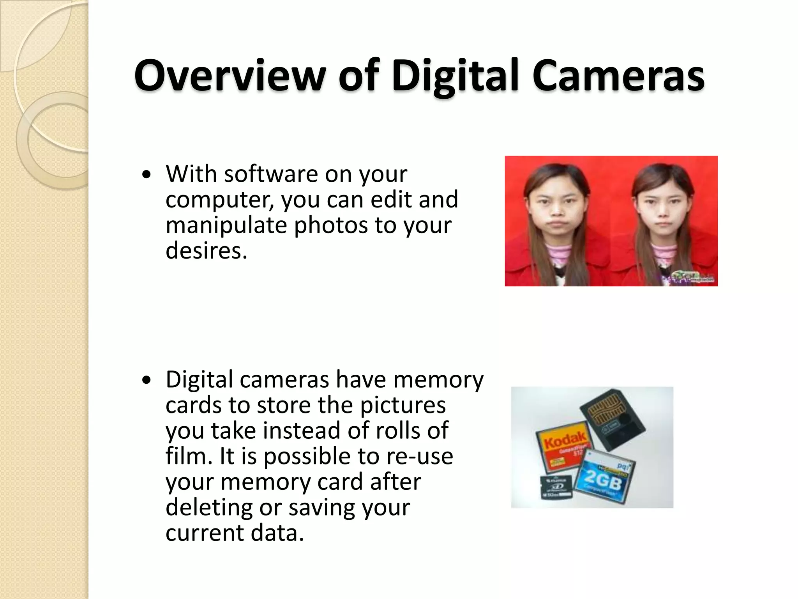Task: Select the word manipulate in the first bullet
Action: pyautogui.click(x=226, y=225)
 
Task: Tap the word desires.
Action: pyautogui.click(x=207, y=250)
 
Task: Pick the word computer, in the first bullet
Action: pyautogui.click(x=220, y=200)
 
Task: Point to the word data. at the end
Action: pyautogui.click(x=277, y=533)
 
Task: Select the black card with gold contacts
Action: pyautogui.click(x=612, y=417)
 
